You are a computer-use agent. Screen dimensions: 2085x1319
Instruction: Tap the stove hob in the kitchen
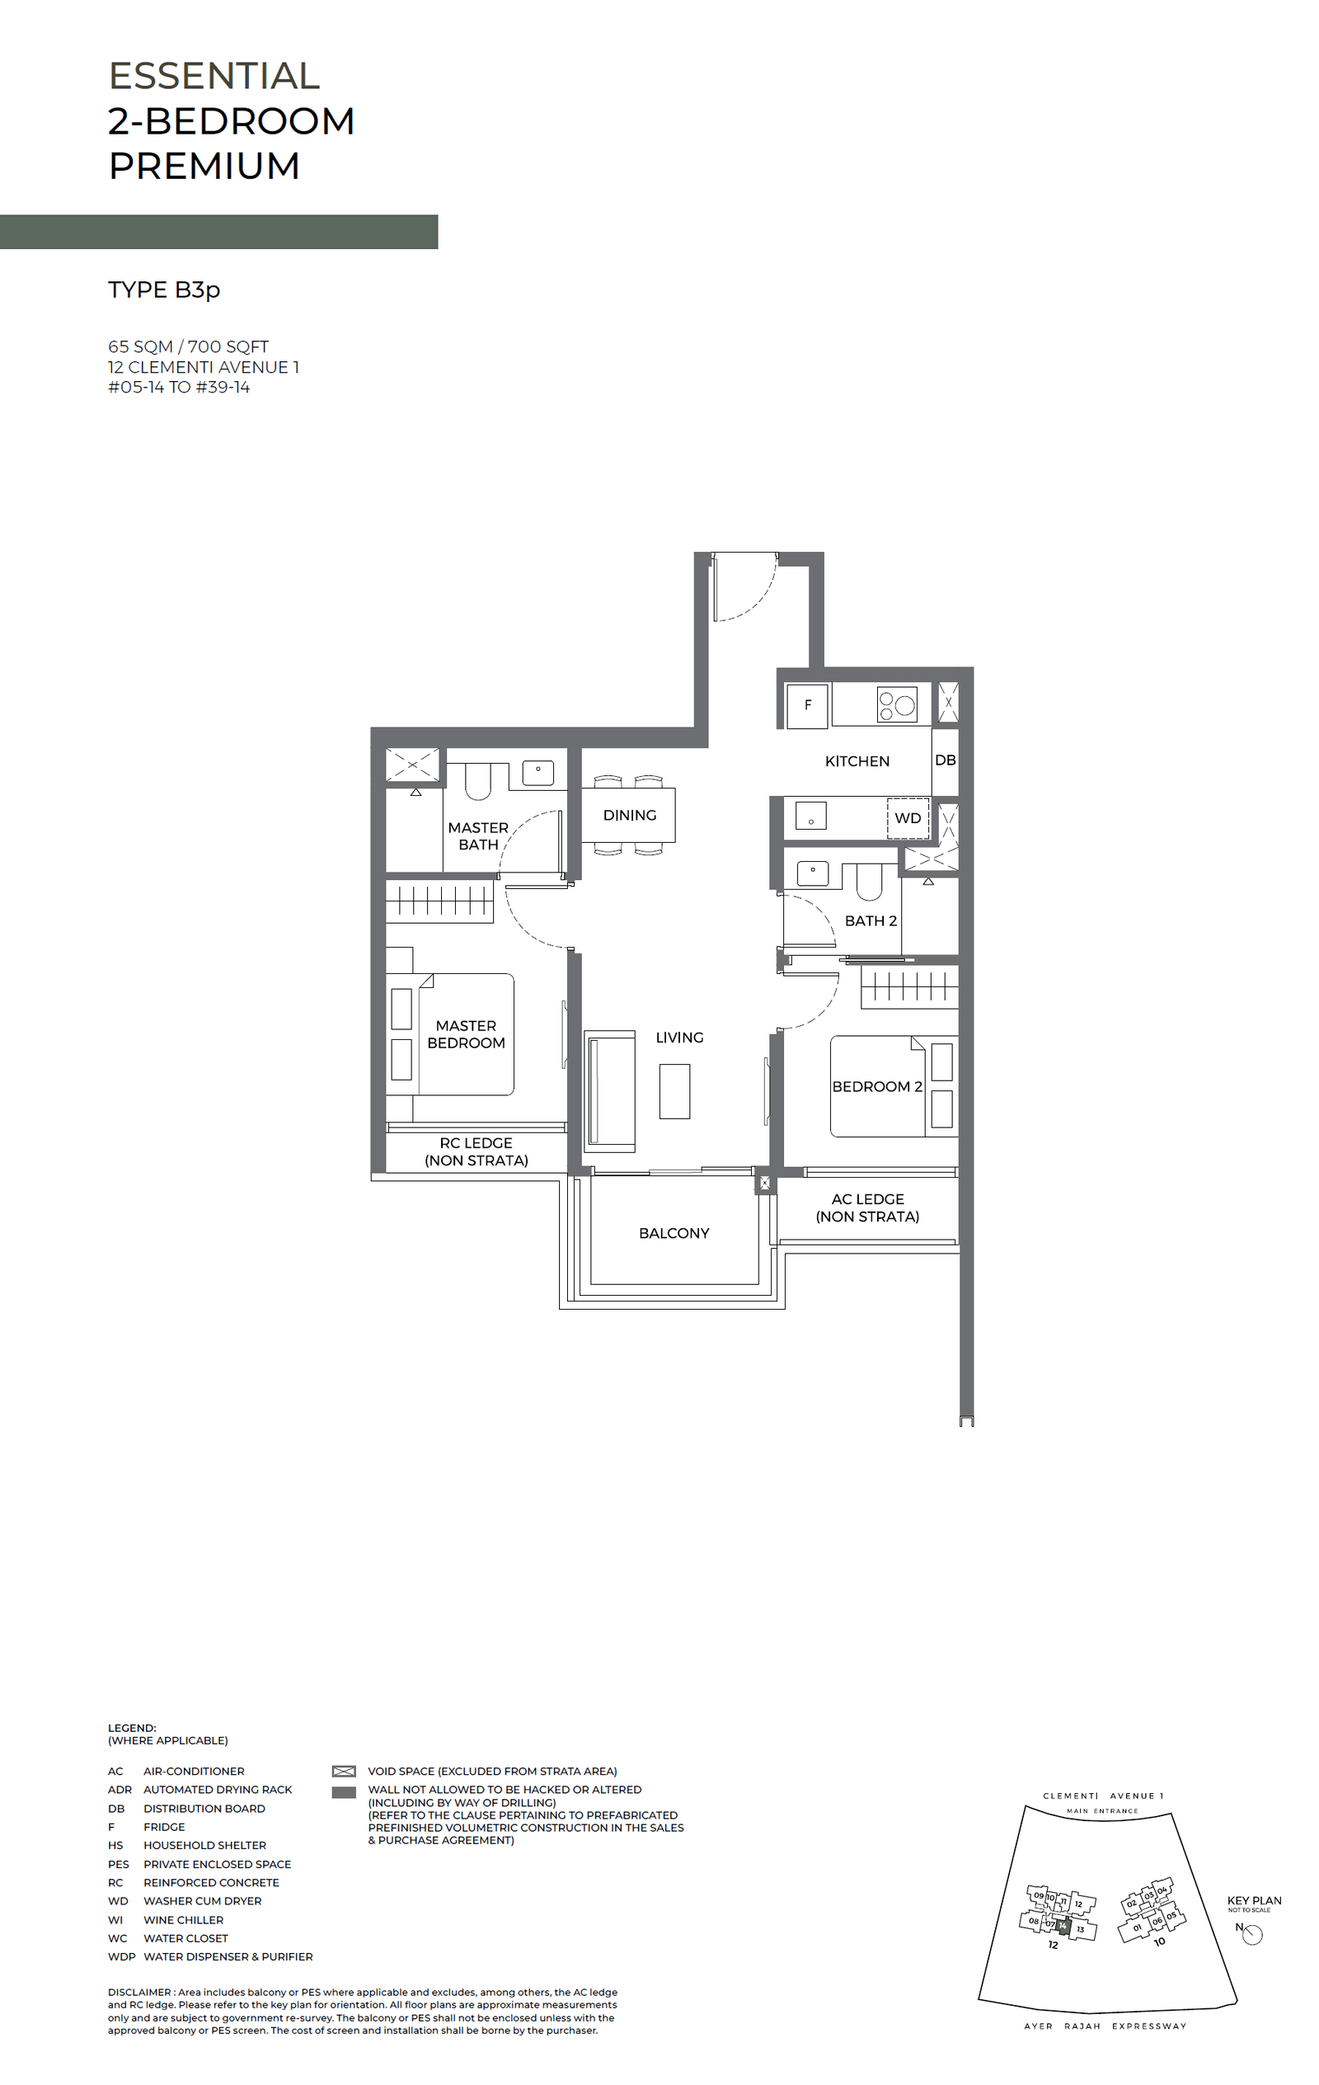pos(897,704)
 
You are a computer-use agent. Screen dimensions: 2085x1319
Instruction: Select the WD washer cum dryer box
pos(907,818)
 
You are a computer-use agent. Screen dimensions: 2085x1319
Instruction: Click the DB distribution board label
pos(945,760)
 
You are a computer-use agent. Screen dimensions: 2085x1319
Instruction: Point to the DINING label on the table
pos(629,816)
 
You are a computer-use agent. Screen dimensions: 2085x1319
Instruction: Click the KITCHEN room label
pos(857,761)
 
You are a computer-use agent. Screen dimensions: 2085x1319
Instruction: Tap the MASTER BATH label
pos(478,836)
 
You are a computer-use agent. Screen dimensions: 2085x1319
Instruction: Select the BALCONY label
pos(674,1233)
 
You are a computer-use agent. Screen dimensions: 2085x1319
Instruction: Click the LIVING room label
pos(679,1038)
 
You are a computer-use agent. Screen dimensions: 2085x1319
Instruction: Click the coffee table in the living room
pos(674,1092)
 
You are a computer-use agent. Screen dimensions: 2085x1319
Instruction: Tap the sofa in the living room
pos(609,1091)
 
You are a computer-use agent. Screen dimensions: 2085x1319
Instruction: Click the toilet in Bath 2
pos(869,881)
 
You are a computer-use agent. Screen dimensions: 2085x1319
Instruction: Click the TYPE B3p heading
pos(163,289)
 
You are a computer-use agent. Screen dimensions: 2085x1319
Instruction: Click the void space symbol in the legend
pos(344,1772)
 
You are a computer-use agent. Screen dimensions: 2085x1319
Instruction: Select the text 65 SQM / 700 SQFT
pos(188,346)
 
